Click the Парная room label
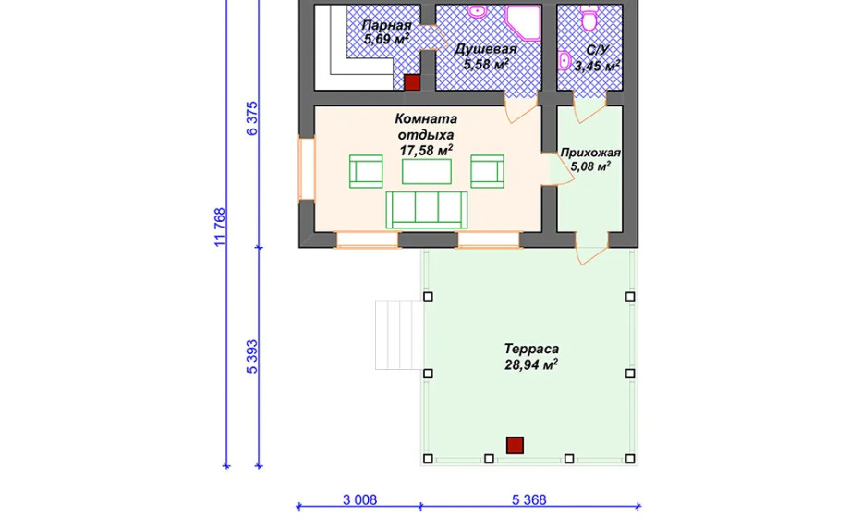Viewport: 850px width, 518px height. click(386, 26)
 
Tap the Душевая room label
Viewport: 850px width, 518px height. click(485, 49)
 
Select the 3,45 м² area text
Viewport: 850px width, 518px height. click(597, 67)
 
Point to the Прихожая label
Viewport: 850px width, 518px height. click(590, 153)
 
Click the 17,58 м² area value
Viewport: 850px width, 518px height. click(426, 150)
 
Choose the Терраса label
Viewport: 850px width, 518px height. click(531, 349)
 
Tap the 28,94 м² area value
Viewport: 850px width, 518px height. click(531, 364)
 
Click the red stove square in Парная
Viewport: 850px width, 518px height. click(413, 82)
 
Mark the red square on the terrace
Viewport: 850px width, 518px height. click(515, 445)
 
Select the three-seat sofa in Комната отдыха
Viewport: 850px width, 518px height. click(427, 210)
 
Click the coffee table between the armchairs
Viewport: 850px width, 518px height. click(427, 171)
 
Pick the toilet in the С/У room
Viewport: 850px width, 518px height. click(589, 18)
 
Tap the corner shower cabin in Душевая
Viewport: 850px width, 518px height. click(523, 23)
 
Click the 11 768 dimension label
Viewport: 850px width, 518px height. click(220, 228)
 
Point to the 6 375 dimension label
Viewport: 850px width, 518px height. click(252, 118)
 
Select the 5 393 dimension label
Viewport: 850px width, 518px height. click(252, 357)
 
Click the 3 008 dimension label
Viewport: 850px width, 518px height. click(360, 499)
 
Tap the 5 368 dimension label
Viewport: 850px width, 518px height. click(529, 499)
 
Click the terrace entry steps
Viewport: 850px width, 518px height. click(398, 335)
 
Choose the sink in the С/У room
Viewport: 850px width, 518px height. click(565, 60)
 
